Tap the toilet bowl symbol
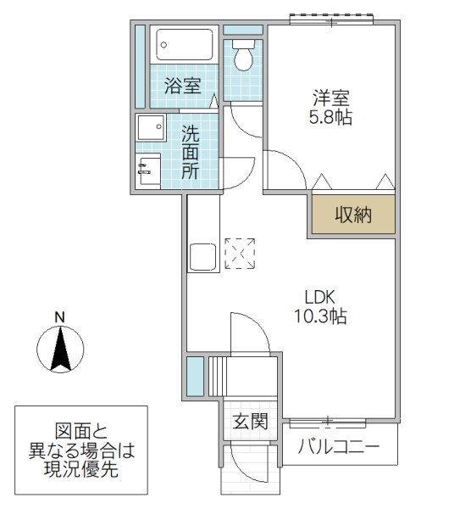click(x=243, y=56)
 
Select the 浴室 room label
click(x=182, y=87)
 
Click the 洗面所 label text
click(x=191, y=150)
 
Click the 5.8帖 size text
click(x=330, y=118)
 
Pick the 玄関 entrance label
click(x=251, y=420)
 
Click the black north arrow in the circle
click(x=60, y=349)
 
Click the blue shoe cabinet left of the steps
click(x=195, y=375)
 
